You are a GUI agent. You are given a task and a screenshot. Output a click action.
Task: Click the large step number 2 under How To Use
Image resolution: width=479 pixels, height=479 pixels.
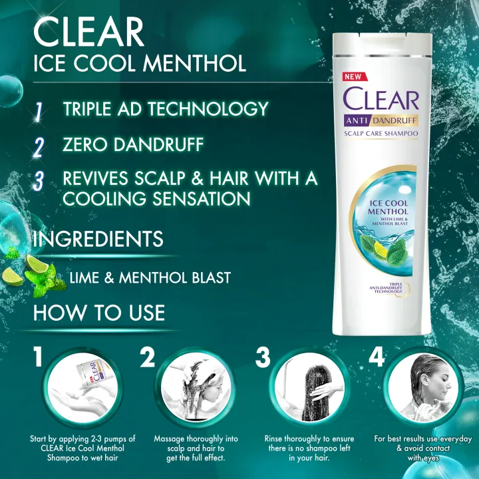(x=148, y=357)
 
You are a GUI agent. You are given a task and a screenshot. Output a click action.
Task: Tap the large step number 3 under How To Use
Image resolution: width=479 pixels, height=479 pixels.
(x=263, y=357)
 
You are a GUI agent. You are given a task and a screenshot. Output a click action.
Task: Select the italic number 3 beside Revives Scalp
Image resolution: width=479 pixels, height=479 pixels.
(x=38, y=182)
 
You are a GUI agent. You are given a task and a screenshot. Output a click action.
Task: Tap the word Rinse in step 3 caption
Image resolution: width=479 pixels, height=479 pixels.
(x=275, y=440)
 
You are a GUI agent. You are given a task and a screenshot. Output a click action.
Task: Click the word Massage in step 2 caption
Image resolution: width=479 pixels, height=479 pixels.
(x=172, y=440)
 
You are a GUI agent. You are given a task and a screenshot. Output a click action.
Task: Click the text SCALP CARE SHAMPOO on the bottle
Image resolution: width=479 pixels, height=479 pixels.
(x=381, y=134)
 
